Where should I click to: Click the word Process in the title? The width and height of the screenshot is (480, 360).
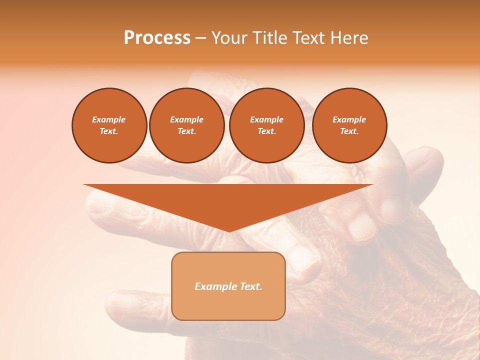point(157,38)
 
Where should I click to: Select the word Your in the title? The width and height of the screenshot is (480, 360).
point(228,38)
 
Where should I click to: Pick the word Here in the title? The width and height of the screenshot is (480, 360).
point(352,38)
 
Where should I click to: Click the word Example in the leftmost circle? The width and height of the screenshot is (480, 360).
point(109,119)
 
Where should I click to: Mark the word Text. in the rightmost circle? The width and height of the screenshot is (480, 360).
point(349,131)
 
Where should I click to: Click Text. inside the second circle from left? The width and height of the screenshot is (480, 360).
point(186,131)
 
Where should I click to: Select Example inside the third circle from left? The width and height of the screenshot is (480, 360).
point(266,119)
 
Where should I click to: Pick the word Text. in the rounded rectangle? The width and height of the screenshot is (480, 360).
point(249,286)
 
